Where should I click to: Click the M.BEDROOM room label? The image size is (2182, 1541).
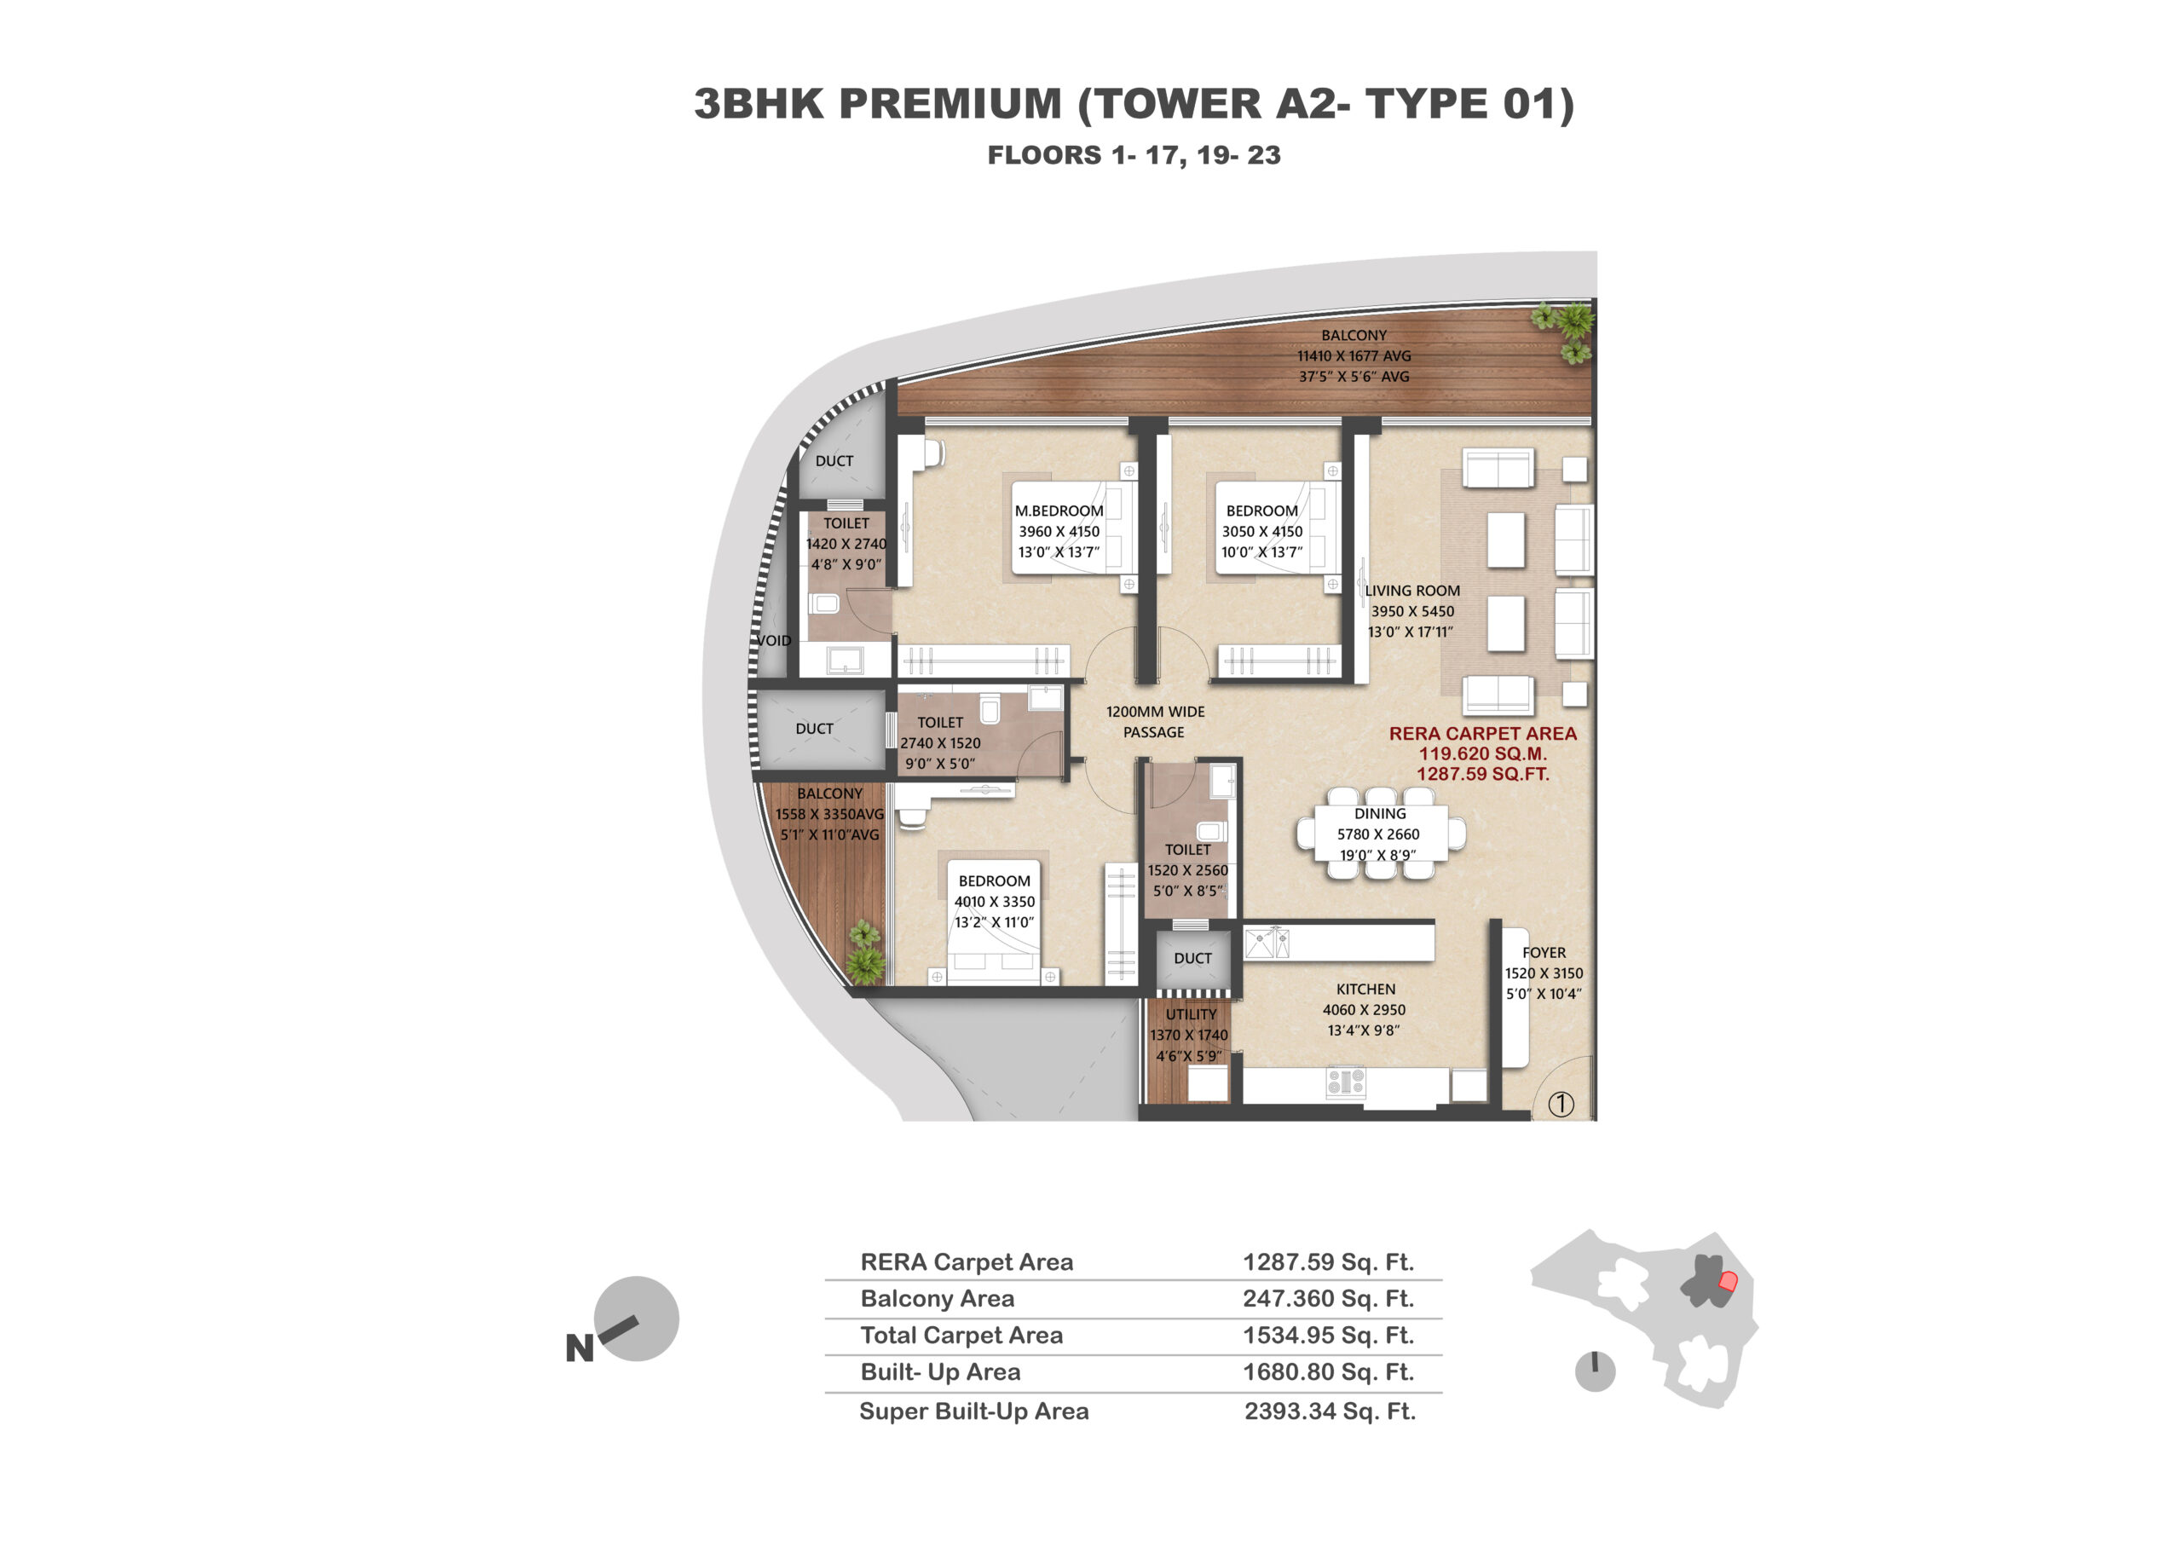click(x=1059, y=511)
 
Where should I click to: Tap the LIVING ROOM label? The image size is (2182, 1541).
click(x=1412, y=591)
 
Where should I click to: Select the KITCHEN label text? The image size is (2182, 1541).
click(x=1365, y=989)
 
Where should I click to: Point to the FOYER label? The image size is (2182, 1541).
click(x=1544, y=952)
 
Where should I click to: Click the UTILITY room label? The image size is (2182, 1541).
click(x=1191, y=1014)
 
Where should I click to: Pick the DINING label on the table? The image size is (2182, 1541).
click(x=1380, y=813)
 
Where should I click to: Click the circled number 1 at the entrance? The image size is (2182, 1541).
click(x=1561, y=1103)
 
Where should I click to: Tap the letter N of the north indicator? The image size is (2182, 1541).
click(x=580, y=1348)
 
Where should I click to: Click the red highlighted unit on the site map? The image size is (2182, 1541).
click(x=1728, y=1282)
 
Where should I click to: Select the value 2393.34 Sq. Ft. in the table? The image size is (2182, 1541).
click(x=1330, y=1411)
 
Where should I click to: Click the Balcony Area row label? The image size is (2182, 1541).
click(x=937, y=1299)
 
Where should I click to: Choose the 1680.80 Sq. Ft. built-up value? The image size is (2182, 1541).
click(x=1329, y=1372)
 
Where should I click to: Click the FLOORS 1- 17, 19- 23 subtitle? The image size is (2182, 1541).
click(x=1134, y=155)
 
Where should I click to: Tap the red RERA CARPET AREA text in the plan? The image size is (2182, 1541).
click(x=1482, y=734)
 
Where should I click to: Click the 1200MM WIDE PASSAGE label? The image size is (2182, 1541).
click(x=1155, y=722)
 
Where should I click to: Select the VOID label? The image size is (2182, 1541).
click(x=774, y=640)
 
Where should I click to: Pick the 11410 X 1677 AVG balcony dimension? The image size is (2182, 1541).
click(x=1354, y=356)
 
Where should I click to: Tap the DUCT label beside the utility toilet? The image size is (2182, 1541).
click(x=1192, y=959)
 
